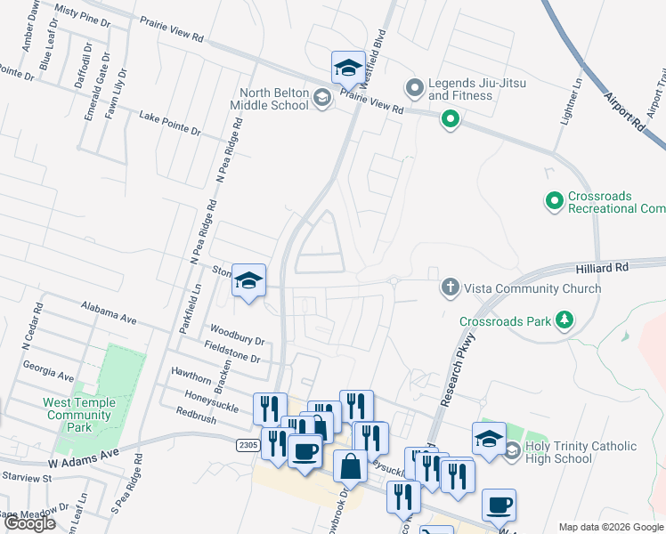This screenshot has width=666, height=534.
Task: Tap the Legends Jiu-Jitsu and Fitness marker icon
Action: pos(413,88)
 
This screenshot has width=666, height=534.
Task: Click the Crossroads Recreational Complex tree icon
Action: pos(555,202)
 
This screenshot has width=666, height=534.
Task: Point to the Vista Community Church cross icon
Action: pos(451,287)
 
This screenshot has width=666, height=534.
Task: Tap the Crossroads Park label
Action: pos(505,320)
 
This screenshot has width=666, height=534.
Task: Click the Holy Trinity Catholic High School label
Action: pos(581,452)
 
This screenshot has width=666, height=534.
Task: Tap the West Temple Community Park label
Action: pos(79,415)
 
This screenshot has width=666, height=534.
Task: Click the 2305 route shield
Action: pos(248,444)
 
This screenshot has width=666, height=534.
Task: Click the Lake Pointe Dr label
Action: pos(169,123)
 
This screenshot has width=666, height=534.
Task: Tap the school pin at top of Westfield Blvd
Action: pos(347,67)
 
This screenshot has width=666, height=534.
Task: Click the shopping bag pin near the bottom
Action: pos(351,465)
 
